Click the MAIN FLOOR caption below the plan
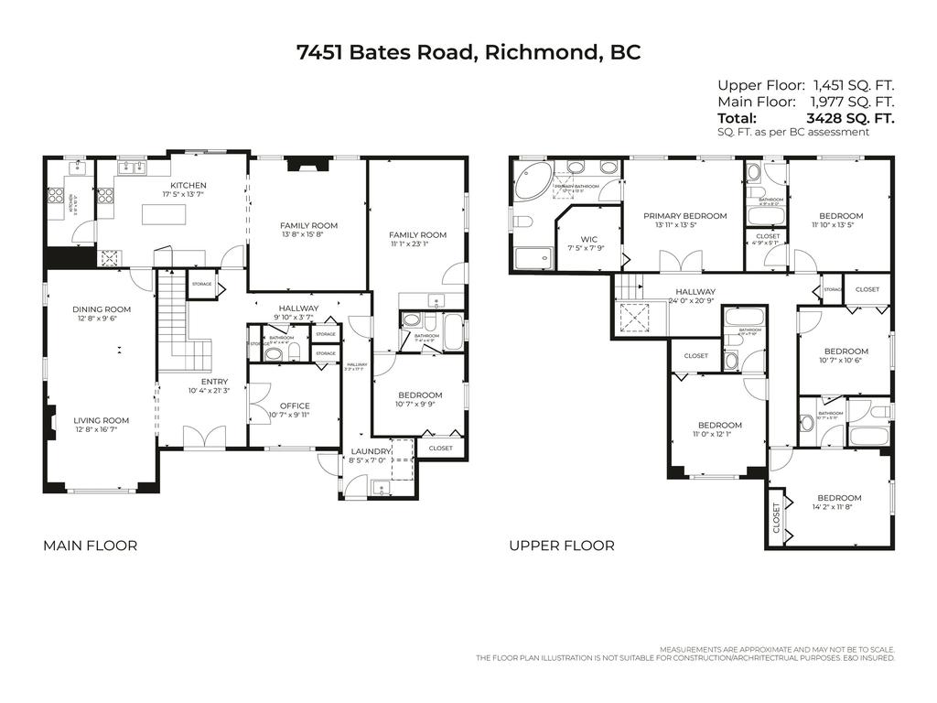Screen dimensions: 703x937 [91, 546]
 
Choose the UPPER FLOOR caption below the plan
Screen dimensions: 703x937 [562, 546]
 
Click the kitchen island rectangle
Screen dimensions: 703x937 [163, 213]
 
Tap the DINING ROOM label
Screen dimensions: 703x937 [102, 309]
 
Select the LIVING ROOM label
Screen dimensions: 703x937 [102, 420]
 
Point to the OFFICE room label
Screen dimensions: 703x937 [295, 406]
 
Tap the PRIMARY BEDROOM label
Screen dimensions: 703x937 [684, 216]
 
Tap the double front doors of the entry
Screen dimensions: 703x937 [203, 436]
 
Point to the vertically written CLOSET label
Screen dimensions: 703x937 [777, 517]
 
